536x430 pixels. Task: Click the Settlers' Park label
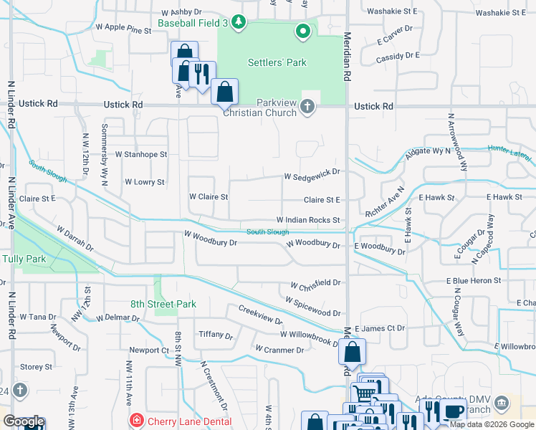277,62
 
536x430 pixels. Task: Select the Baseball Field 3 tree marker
239,23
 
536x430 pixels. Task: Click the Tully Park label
19,258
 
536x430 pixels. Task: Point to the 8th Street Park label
163,304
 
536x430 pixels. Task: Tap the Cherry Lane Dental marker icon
134,419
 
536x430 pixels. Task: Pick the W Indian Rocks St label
308,220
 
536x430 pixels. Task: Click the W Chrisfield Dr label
315,282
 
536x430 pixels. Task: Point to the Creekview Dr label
260,315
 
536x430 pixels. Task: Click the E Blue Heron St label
474,282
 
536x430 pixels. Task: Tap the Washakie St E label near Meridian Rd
391,11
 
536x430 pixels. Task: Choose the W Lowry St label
145,182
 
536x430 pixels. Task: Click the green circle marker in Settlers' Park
302,31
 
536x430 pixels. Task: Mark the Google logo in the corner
23,422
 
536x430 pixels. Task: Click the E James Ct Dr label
381,328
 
